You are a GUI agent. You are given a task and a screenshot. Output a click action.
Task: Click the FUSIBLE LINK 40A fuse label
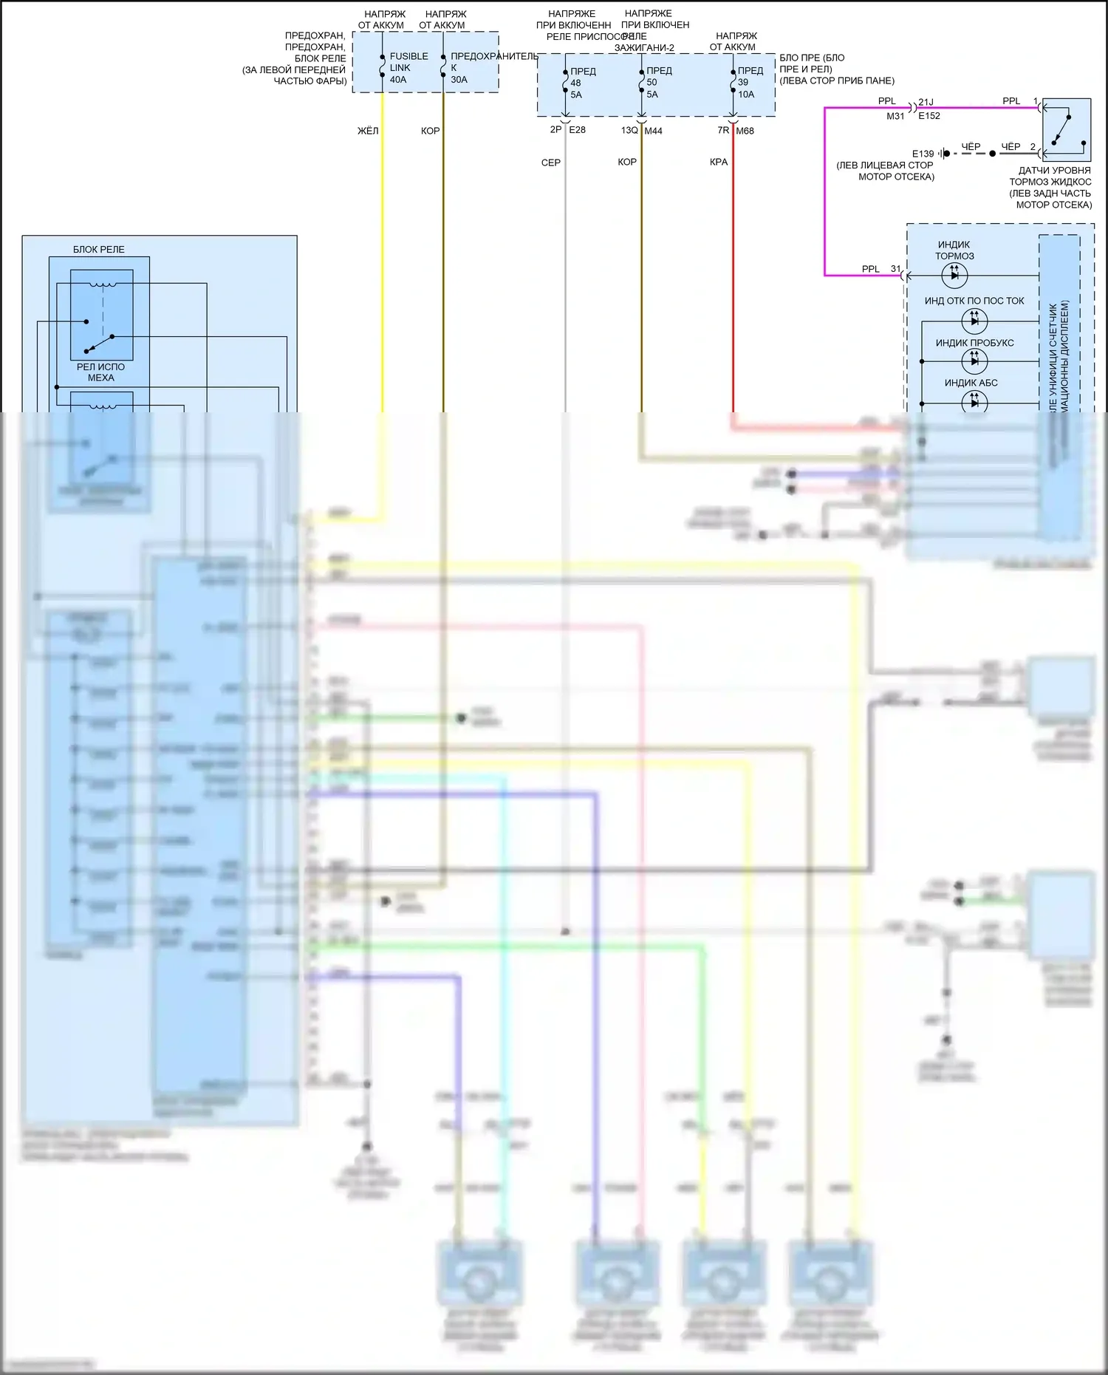408,67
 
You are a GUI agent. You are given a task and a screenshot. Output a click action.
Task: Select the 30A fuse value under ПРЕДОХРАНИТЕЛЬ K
459,80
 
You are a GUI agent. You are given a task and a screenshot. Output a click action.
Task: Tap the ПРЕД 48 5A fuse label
582,83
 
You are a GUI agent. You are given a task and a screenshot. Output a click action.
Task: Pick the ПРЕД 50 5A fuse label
658,82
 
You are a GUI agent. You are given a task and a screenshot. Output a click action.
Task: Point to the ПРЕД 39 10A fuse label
749,82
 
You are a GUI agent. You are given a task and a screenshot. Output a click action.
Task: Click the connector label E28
577,130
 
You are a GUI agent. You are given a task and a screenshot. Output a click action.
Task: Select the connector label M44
653,131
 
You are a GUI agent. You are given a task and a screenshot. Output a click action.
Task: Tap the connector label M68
745,131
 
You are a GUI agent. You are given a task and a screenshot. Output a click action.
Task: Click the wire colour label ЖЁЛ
368,131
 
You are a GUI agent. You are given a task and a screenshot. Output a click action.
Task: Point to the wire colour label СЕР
551,163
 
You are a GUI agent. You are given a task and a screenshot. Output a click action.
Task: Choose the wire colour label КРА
719,162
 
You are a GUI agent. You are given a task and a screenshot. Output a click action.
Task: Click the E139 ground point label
923,154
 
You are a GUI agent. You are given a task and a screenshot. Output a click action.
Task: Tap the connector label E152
929,116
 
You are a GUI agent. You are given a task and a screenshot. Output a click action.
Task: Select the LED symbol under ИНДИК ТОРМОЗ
954,276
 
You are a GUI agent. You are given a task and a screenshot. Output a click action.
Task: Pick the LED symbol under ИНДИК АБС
974,402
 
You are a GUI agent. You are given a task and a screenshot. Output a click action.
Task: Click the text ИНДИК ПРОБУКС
974,343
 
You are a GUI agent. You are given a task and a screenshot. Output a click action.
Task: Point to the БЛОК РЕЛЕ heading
99,249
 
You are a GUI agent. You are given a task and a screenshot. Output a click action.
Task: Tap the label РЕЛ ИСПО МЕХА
101,372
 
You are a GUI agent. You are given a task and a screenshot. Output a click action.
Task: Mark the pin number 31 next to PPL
895,269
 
